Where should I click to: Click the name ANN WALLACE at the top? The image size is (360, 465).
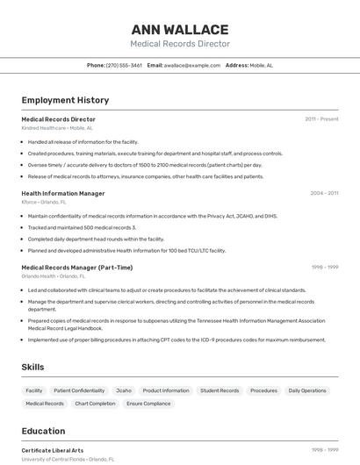coord(180,30)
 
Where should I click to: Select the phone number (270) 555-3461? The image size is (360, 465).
coord(124,65)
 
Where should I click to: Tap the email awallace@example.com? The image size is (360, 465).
coord(192,65)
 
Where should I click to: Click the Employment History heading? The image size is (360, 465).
coord(65,100)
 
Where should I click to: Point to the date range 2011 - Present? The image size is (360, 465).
coord(321,119)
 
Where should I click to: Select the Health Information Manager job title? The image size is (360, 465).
coord(63,193)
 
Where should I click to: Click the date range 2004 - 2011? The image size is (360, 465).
coord(324,193)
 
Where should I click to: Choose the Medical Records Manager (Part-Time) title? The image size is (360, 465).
coord(77,268)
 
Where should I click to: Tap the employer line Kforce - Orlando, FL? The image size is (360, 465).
coord(44,202)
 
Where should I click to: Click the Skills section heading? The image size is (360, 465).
coord(33,367)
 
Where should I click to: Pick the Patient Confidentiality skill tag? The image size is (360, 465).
coord(79,390)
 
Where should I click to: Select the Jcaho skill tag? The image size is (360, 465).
coord(124,390)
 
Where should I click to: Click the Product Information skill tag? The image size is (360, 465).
coord(166,390)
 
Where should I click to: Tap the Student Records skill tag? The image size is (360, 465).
coord(220,390)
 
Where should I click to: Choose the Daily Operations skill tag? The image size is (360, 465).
coord(307,390)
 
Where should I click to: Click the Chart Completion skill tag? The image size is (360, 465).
coord(95,404)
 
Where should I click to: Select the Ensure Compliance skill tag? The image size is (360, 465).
coord(148,404)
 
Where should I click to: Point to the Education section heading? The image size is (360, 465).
coord(43,431)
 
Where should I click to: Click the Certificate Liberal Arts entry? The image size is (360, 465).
coord(53,450)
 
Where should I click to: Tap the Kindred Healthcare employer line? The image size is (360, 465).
coord(57,128)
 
